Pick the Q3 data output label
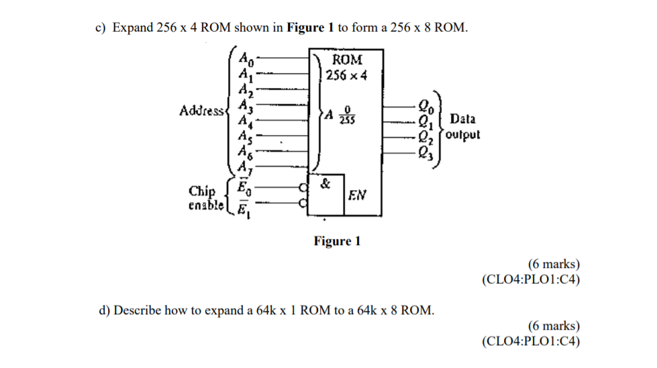coord(424,150)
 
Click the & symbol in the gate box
coord(325,183)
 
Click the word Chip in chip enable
coord(203,191)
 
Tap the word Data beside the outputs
coord(463,119)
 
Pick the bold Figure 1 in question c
coord(310,28)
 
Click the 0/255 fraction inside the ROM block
coord(347,114)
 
